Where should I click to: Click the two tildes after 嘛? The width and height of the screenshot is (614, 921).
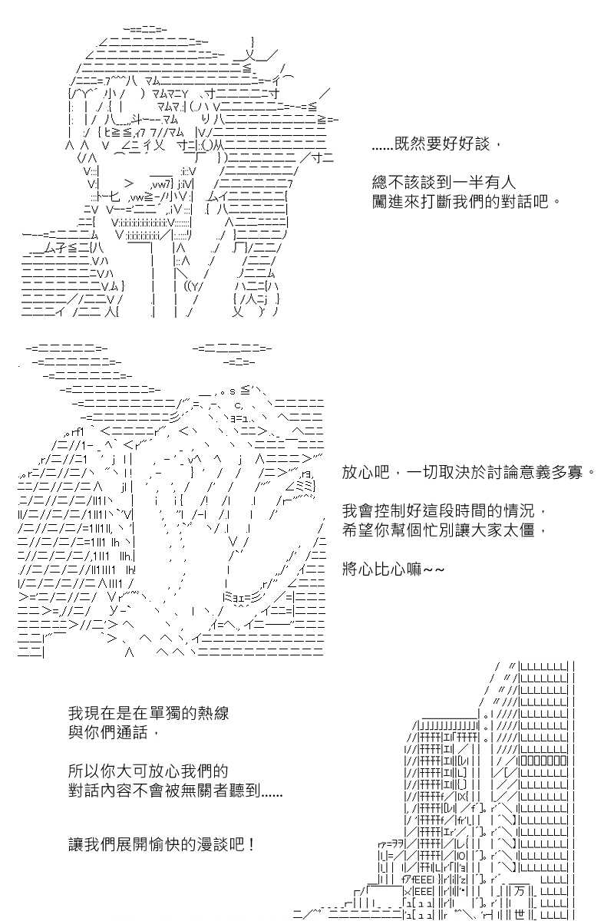(434, 570)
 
